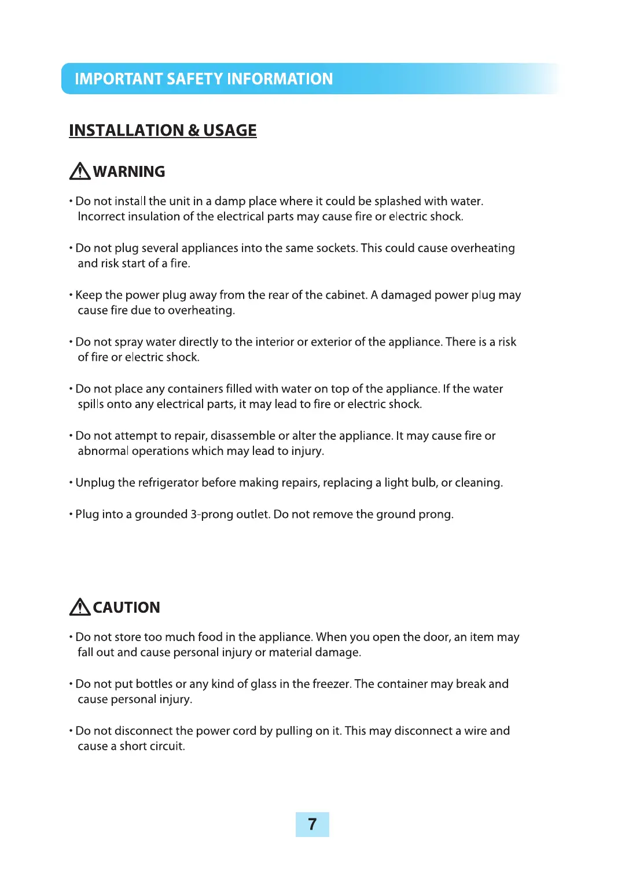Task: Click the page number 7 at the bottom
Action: click(312, 824)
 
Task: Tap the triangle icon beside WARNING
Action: click(80, 172)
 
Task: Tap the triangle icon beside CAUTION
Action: click(80, 607)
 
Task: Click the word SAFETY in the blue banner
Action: click(194, 79)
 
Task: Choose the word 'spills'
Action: click(91, 405)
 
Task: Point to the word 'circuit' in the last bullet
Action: click(167, 746)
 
